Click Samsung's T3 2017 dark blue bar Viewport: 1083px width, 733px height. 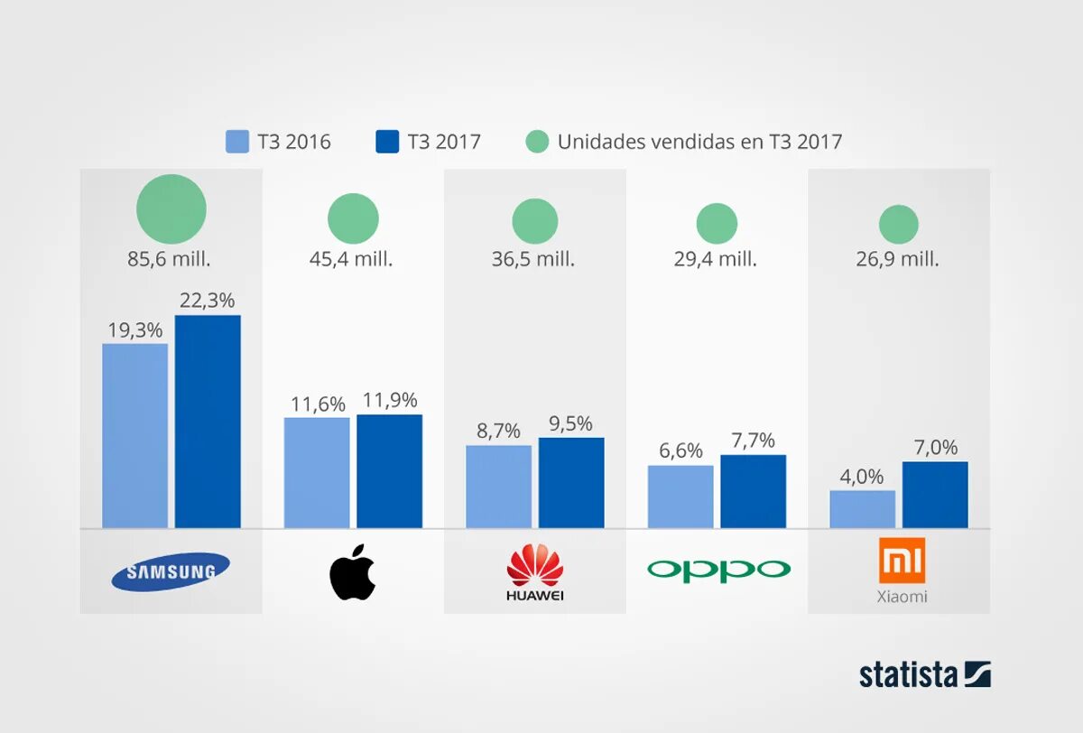click(x=208, y=422)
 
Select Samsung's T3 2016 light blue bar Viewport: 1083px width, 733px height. click(x=134, y=436)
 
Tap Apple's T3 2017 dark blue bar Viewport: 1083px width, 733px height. click(x=389, y=471)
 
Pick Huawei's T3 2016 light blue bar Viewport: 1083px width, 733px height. click(x=498, y=487)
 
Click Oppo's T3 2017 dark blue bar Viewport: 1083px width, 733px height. click(x=753, y=491)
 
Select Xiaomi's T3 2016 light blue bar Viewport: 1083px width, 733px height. click(x=862, y=509)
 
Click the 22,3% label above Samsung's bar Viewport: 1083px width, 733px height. click(x=208, y=301)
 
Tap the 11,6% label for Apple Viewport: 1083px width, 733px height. click(x=317, y=403)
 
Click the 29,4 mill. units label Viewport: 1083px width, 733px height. click(x=716, y=259)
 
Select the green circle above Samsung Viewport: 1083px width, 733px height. click(x=171, y=209)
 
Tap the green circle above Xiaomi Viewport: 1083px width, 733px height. click(x=899, y=225)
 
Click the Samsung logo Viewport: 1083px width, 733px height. click(x=171, y=571)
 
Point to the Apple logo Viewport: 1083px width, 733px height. click(x=353, y=571)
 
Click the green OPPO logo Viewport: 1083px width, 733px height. click(x=718, y=570)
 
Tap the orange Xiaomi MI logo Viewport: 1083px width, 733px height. click(x=902, y=561)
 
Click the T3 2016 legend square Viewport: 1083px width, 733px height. click(x=237, y=142)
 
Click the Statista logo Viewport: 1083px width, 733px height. click(x=924, y=674)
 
